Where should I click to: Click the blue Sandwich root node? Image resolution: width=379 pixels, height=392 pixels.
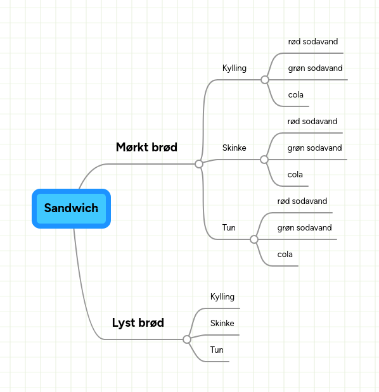(71, 208)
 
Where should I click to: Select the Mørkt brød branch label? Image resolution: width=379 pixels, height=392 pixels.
(146, 148)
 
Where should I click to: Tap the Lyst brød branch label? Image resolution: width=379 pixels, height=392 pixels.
(138, 323)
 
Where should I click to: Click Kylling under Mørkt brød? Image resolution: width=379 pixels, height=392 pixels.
(234, 68)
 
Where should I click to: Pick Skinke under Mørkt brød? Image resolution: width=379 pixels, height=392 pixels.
(234, 148)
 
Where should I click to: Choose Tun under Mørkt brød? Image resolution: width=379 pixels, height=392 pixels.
(229, 228)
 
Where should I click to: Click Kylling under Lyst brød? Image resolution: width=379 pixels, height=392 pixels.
(222, 297)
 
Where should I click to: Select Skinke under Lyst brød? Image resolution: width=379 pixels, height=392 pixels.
(222, 324)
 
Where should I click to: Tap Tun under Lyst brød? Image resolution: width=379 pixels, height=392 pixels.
(217, 350)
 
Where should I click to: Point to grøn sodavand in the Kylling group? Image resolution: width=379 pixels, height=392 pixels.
(315, 68)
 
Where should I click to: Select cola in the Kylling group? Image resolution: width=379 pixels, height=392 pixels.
(296, 95)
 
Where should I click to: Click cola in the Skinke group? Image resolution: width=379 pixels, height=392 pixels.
(295, 175)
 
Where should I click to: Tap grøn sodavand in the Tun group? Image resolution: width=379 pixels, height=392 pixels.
(304, 228)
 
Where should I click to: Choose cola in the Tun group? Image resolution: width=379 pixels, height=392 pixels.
(285, 255)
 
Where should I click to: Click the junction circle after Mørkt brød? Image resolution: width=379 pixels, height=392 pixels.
(199, 164)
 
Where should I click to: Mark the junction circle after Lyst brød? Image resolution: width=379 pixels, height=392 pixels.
(187, 339)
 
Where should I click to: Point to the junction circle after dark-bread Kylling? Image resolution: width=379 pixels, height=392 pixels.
(265, 80)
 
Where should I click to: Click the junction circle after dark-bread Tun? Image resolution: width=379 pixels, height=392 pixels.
(254, 239)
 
